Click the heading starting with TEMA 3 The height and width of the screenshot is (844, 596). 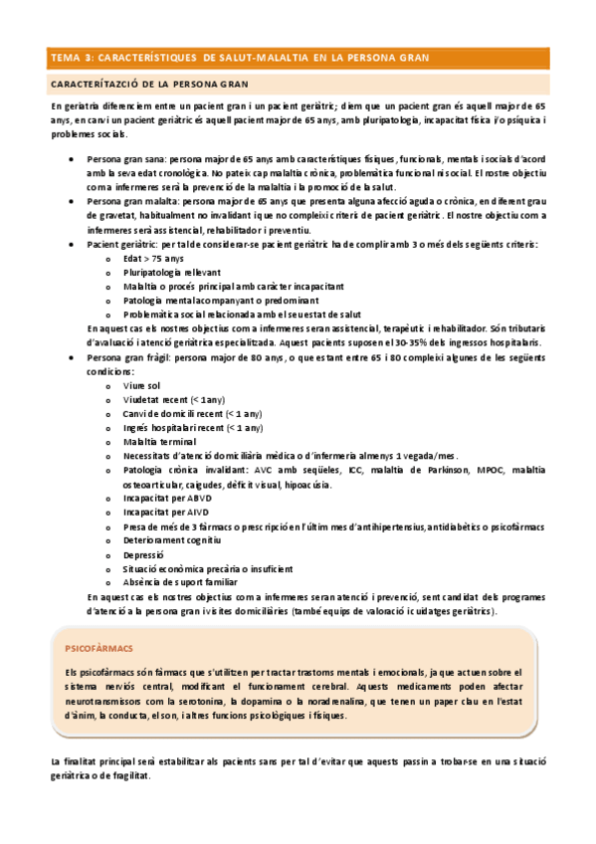click(x=239, y=59)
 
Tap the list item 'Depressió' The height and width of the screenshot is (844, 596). click(x=145, y=554)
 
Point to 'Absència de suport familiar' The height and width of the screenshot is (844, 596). click(x=180, y=581)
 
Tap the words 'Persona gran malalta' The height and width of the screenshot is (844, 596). click(x=130, y=200)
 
